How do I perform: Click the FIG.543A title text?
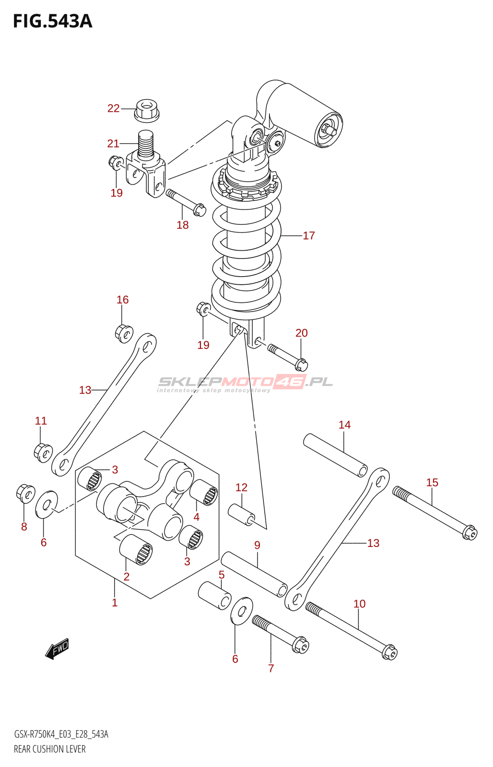pos(53,21)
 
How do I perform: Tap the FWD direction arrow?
pos(57,649)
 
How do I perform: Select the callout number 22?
pos(113,108)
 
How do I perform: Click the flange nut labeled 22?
pos(146,110)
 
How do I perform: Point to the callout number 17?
pos(309,235)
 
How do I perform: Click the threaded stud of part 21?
pos(145,144)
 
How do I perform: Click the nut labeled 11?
pos(44,453)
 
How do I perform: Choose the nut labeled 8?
pos(25,493)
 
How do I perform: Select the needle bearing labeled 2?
pos(136,549)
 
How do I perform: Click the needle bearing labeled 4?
pos(204,492)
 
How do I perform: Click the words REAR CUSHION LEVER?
pos(50,749)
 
